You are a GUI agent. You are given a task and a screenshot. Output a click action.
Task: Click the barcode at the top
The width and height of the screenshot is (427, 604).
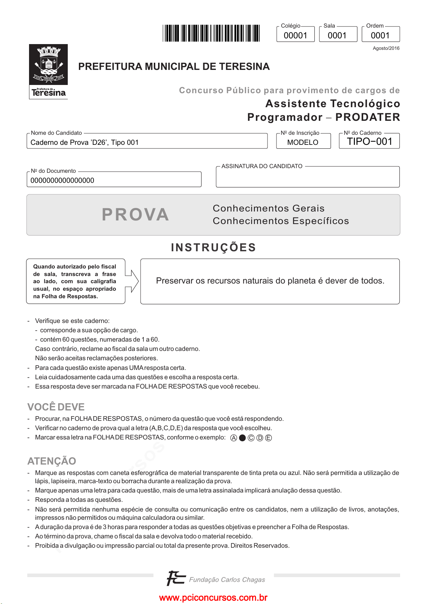tap(211, 33)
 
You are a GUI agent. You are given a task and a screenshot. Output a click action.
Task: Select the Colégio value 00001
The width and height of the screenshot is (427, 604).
tap(295, 35)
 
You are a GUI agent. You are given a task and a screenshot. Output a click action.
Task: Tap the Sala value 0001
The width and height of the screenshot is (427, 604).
tap(337, 35)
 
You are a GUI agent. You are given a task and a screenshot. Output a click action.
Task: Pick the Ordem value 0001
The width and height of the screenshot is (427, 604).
tap(380, 35)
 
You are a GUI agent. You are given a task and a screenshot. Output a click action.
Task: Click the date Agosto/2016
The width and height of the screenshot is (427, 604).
tap(386, 48)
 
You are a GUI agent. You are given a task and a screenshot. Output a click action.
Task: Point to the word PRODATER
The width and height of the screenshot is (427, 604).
tap(367, 117)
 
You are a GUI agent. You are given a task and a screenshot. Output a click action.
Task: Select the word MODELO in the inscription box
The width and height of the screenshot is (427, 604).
tap(303, 142)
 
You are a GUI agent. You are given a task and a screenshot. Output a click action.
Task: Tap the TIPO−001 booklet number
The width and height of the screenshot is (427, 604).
tap(370, 142)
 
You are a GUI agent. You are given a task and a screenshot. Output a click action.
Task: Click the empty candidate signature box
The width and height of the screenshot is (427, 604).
tap(308, 178)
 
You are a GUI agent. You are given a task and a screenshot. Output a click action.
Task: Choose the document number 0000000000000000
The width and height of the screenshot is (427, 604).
tap(62, 180)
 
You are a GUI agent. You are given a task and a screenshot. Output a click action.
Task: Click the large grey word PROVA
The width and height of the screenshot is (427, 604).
tap(135, 214)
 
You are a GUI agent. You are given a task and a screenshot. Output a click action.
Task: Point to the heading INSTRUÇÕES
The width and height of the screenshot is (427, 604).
tap(213, 247)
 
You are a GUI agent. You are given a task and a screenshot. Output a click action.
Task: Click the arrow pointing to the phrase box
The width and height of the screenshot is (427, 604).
tap(132, 281)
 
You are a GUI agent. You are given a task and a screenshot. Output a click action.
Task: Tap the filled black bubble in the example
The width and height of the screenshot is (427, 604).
tap(242, 438)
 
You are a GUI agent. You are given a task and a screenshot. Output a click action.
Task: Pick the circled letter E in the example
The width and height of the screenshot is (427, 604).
tap(268, 438)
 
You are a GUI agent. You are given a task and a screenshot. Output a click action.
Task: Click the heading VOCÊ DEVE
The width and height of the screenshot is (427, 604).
tap(56, 407)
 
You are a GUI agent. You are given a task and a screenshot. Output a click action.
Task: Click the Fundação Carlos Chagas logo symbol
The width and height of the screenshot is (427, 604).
tap(176, 578)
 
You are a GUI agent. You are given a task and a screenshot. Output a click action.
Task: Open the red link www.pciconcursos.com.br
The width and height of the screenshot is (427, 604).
tap(213, 598)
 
